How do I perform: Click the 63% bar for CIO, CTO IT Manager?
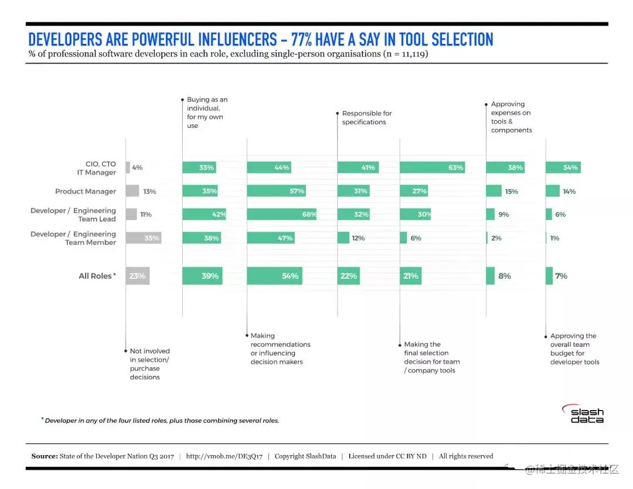point(432,167)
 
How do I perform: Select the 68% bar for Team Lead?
point(281,214)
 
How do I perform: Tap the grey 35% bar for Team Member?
point(143,238)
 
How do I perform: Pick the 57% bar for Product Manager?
point(276,191)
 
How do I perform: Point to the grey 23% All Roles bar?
point(137,276)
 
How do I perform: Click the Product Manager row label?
point(86,192)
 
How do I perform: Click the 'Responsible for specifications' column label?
point(367,118)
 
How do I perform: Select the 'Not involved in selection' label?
point(149,364)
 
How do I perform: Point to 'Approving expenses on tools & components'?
point(511,117)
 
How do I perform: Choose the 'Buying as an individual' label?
point(207,112)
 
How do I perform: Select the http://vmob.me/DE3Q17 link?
point(224,456)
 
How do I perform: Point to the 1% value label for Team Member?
point(554,238)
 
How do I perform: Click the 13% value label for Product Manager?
point(149,192)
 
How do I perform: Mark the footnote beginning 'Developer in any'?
point(161,420)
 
